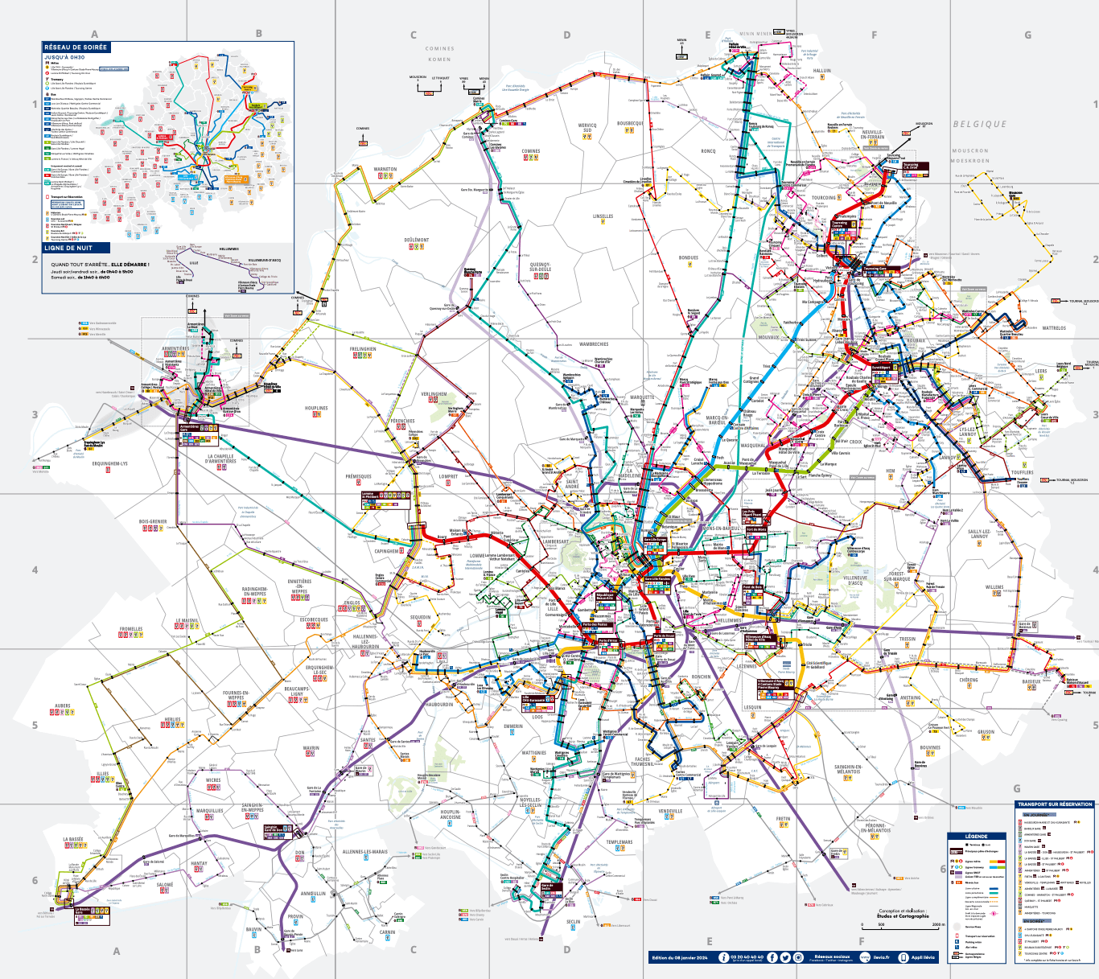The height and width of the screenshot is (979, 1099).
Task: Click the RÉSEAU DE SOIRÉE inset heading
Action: (x=76, y=47)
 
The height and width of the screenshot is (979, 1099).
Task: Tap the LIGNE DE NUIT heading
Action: (x=68, y=248)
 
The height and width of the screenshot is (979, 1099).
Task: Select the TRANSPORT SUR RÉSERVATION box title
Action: (x=1055, y=804)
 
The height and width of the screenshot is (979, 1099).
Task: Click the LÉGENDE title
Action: (x=976, y=837)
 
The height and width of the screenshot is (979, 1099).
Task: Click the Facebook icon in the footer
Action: (x=772, y=957)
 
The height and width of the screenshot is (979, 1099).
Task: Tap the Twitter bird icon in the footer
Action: (x=785, y=957)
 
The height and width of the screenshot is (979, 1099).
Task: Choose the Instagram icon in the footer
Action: (x=798, y=957)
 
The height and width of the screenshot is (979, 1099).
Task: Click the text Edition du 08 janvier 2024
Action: (x=680, y=957)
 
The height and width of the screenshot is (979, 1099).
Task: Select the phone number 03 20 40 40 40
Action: (x=747, y=956)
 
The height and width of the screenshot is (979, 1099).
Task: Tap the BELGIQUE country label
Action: (x=980, y=125)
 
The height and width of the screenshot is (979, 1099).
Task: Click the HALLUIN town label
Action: (x=822, y=71)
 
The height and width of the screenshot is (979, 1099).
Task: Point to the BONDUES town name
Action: (x=689, y=257)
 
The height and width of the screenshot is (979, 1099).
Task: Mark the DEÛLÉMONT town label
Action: (x=417, y=240)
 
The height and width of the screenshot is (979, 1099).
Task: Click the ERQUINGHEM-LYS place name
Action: (x=109, y=463)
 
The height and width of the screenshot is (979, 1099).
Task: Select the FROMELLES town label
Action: (x=131, y=629)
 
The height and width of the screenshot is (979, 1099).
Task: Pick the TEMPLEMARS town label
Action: (x=619, y=842)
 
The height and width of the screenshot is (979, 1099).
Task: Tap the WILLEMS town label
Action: (x=994, y=587)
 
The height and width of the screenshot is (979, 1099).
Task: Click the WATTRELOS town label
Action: (x=1054, y=328)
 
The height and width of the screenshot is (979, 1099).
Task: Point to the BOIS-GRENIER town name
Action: (x=153, y=521)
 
